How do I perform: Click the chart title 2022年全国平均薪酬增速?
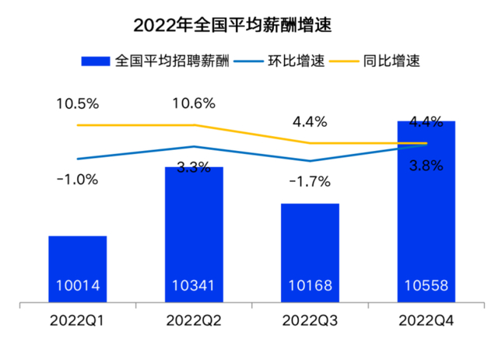pos(232,25)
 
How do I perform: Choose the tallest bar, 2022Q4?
pos(426,210)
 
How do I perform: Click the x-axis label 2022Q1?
pos(78,320)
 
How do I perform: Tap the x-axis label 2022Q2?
pos(194,320)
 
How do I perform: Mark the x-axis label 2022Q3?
pos(310,320)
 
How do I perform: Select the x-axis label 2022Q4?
pos(426,320)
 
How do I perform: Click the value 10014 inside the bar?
pos(78,285)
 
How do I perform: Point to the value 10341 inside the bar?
pos(194,285)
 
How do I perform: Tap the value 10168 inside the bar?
pos(310,285)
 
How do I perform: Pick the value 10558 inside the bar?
pos(426,285)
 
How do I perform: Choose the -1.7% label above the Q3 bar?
pos(310,182)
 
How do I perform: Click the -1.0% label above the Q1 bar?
pos(78,180)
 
